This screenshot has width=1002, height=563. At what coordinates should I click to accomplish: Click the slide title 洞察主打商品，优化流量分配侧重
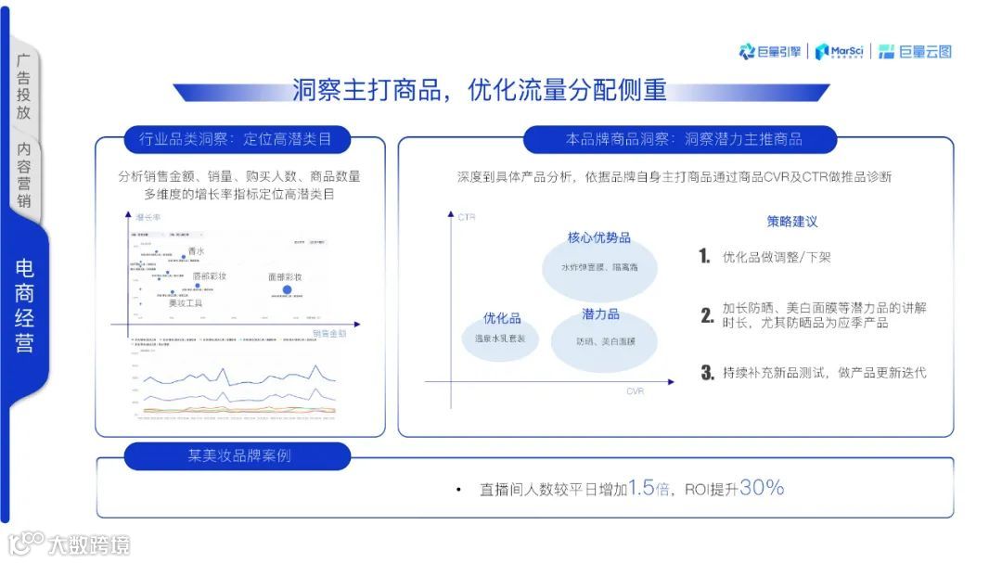pyautogui.click(x=480, y=90)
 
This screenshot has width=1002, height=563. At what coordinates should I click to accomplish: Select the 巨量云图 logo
pyautogui.click(x=915, y=52)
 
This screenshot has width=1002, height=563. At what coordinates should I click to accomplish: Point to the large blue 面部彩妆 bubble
pyautogui.click(x=287, y=290)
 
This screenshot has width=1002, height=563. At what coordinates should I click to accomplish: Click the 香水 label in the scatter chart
pyautogui.click(x=196, y=251)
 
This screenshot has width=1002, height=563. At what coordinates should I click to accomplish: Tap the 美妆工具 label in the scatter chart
pyautogui.click(x=185, y=303)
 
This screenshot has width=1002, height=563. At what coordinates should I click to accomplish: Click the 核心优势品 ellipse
pyautogui.click(x=599, y=261)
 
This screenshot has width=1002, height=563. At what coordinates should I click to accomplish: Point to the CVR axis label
pyautogui.click(x=635, y=391)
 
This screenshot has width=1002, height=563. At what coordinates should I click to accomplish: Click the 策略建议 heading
pyautogui.click(x=791, y=222)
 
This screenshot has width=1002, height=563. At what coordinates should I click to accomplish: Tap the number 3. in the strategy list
pyautogui.click(x=707, y=373)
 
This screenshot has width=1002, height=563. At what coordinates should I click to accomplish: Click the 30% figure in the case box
pyautogui.click(x=762, y=488)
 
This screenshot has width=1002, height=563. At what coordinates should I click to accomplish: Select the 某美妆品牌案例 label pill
pyautogui.click(x=238, y=455)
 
